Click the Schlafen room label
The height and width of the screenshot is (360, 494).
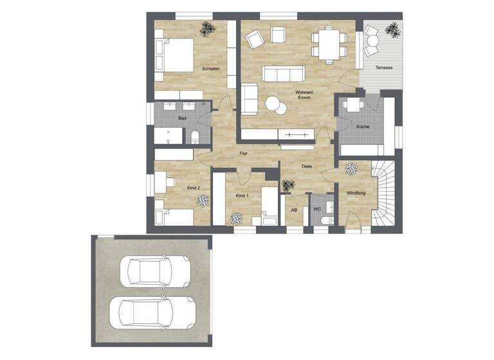[x=210, y=68]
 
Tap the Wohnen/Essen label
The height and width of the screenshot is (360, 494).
[x=304, y=95]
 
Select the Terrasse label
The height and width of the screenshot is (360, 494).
[x=384, y=68]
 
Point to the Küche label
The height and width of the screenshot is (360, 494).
[x=363, y=127]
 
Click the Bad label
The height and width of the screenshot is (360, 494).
[x=183, y=119]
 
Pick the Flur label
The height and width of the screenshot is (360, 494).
[x=243, y=154]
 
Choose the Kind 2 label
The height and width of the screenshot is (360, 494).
[x=194, y=188]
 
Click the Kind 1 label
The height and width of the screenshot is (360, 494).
[x=242, y=195]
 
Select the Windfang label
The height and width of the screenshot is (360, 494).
[x=356, y=193]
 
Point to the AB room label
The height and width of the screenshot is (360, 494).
[x=294, y=210]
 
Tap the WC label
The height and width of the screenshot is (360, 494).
[x=317, y=210]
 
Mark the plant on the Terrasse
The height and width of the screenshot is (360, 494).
[x=392, y=28]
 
